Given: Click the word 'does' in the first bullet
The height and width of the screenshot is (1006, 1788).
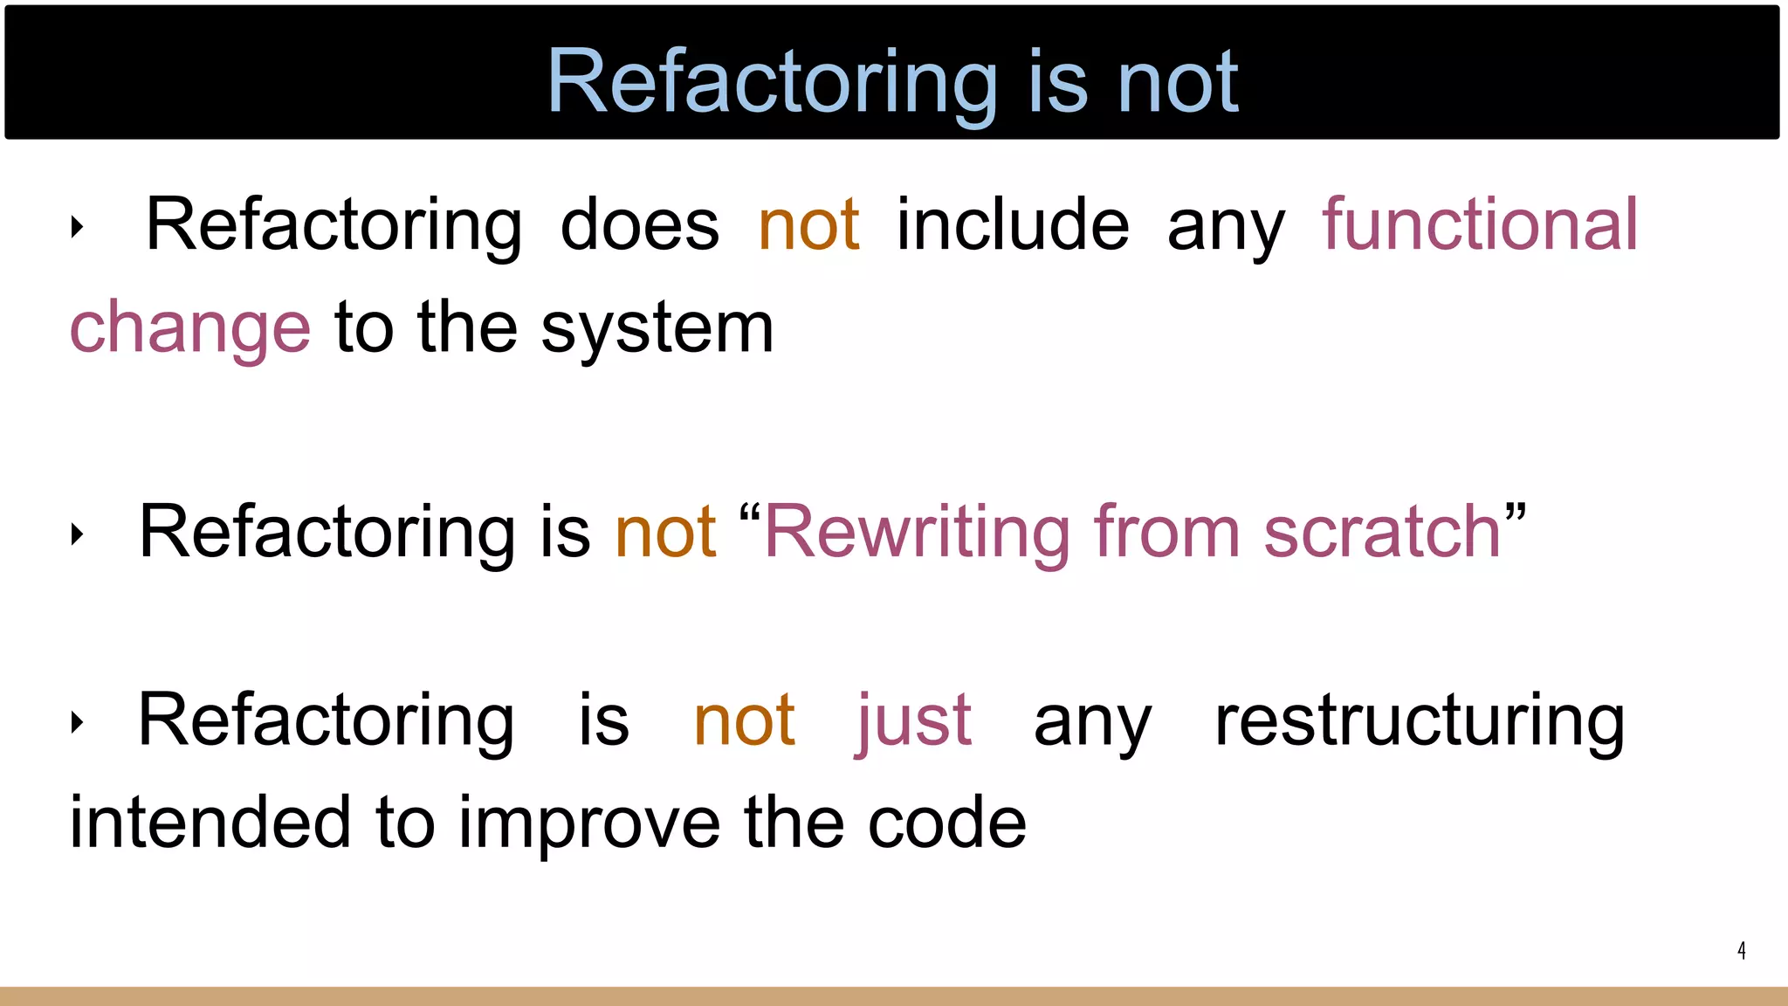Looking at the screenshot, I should [x=640, y=225].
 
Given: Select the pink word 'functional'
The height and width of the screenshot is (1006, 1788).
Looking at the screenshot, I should [x=1480, y=225].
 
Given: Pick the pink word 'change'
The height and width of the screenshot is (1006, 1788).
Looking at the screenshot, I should [x=189, y=328].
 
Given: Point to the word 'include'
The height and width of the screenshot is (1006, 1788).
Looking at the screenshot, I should [x=1013, y=225].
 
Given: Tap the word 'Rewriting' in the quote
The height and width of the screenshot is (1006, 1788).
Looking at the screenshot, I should [x=917, y=532].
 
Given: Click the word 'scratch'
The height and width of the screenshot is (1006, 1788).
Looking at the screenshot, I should [x=1382, y=532].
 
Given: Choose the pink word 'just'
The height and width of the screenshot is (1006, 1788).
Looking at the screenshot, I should [x=914, y=721].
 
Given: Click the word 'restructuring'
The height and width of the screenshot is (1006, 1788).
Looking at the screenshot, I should [x=1420, y=721].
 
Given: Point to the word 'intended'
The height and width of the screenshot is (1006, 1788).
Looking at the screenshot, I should [x=210, y=823].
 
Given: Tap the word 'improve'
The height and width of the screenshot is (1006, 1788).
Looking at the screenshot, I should [x=589, y=823].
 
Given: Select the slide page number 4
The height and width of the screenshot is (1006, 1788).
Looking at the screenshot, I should [x=1741, y=950].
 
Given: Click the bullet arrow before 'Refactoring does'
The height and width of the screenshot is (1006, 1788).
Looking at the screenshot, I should [x=78, y=228].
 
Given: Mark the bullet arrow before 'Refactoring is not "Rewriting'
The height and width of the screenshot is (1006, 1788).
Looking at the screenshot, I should [x=78, y=534].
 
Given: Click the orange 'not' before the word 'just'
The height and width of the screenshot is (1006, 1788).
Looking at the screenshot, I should [x=744, y=721].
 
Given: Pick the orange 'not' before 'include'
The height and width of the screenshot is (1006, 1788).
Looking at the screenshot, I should [x=809, y=225].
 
